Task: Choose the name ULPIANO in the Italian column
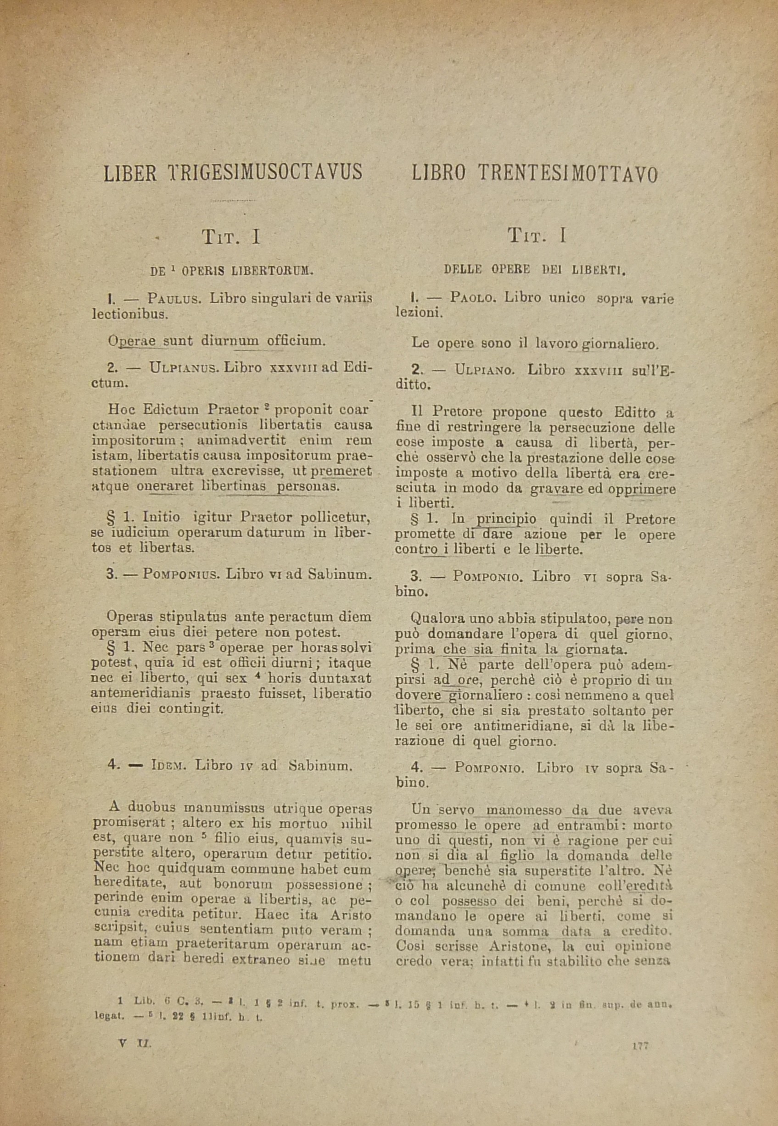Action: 484,369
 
